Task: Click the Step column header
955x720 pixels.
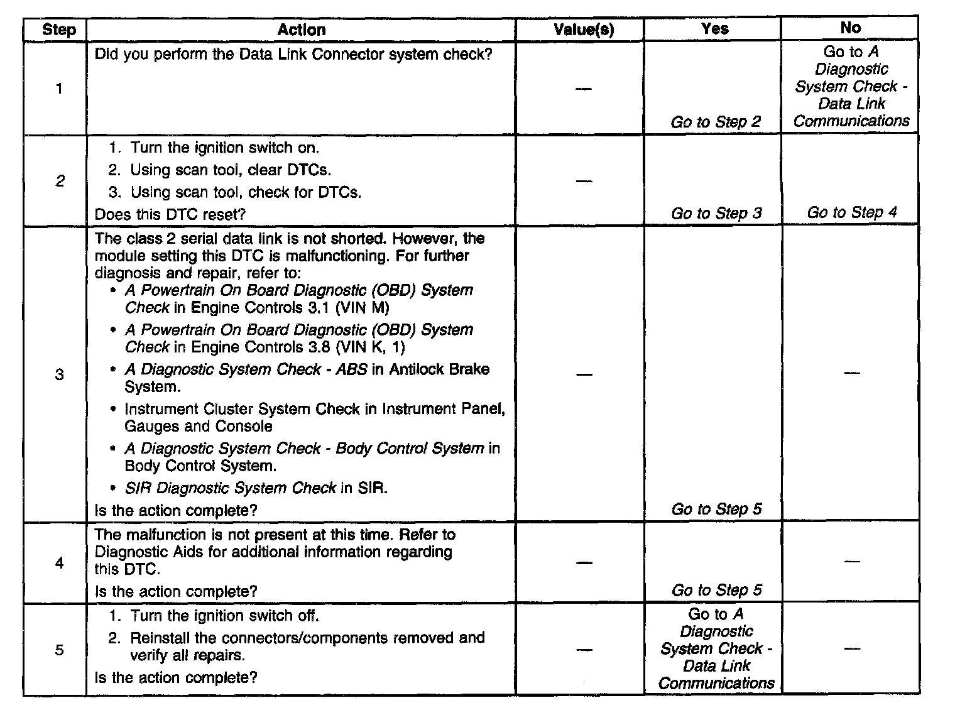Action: coord(59,30)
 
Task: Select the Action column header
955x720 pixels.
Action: coord(302,30)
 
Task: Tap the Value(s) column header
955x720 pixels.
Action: coord(584,30)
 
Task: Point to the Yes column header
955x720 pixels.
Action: coord(715,28)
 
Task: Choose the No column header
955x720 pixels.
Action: coord(850,28)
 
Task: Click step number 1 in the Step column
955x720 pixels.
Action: coord(59,89)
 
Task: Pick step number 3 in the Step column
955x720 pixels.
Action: coord(59,375)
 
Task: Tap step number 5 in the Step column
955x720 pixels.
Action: coord(59,650)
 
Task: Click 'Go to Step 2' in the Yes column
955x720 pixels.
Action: coord(716,122)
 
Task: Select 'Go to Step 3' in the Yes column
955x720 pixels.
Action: coord(716,214)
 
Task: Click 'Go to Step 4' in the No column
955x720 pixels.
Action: coord(852,212)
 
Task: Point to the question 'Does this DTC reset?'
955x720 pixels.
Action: coord(170,214)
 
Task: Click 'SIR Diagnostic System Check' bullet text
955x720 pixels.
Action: coord(231,488)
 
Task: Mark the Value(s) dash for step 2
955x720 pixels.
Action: coord(584,182)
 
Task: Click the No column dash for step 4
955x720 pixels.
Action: coord(851,561)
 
